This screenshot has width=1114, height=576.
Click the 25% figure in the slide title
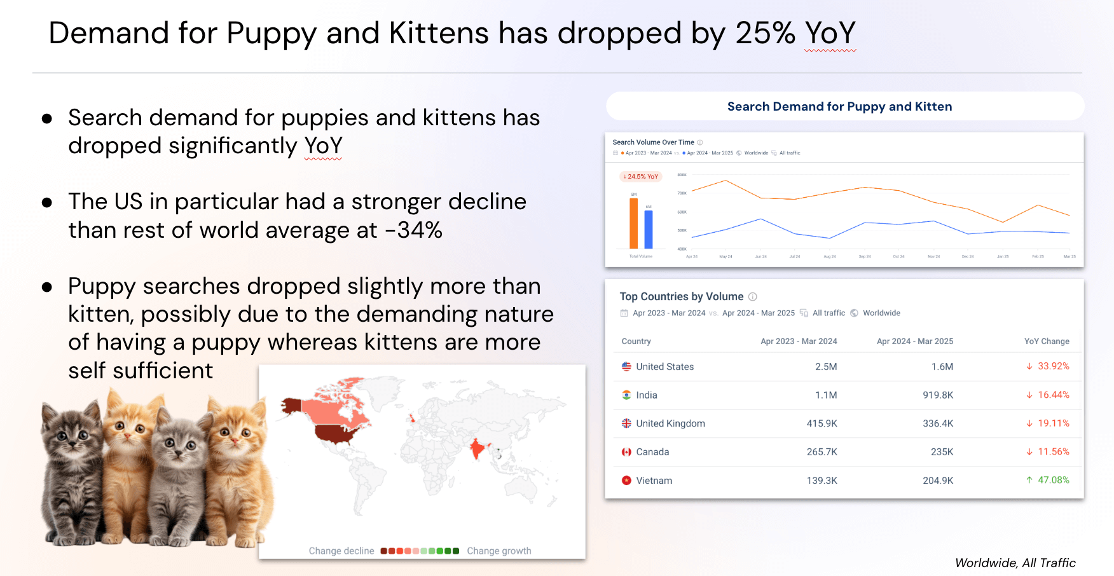coord(765,33)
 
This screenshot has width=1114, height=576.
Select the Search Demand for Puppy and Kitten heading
coord(839,107)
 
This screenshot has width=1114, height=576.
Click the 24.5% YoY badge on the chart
coord(641,177)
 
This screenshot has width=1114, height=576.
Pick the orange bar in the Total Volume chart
coord(633,223)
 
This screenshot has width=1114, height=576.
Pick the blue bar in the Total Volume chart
coord(649,229)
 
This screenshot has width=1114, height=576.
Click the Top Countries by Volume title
coord(681,296)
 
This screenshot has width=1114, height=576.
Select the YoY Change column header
coord(1047,341)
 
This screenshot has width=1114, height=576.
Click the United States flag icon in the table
coord(626,367)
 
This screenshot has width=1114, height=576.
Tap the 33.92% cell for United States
coord(1053,366)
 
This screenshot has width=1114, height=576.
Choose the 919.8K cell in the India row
coord(938,395)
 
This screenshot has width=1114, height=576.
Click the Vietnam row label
coord(654,481)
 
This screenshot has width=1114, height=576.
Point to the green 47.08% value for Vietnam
coord(1053,480)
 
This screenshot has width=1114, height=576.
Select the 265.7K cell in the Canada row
coord(822,452)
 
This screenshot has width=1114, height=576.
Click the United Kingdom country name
coord(670,423)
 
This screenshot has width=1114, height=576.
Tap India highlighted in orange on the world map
coord(476,449)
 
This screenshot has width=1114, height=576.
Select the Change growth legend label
coord(499,551)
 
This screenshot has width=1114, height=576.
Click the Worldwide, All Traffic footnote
coord(1015,563)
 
